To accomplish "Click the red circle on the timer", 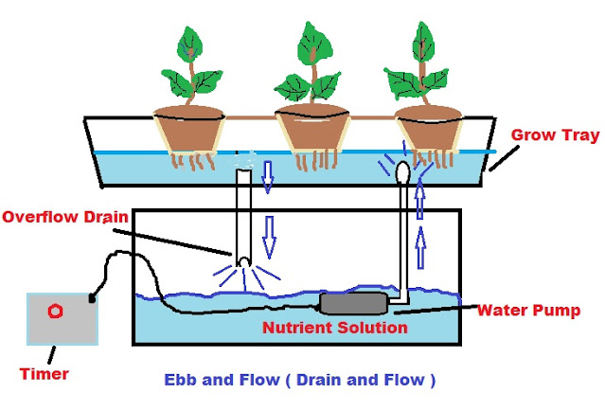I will point(56,311).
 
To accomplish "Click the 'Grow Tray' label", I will point(554,135).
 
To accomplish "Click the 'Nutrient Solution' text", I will point(335,328).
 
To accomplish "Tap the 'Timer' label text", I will point(44,374).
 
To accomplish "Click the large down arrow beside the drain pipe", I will point(269,237).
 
